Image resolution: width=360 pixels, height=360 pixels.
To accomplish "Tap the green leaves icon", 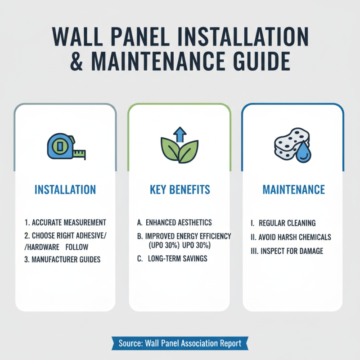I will click(180, 151).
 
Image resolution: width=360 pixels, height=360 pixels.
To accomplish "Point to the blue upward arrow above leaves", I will click(180, 134).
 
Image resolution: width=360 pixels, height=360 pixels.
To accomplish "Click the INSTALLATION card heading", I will click(65, 189).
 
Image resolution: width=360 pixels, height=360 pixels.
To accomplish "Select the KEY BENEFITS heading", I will click(180, 189).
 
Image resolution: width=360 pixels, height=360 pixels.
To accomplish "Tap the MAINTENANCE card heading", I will click(293, 189).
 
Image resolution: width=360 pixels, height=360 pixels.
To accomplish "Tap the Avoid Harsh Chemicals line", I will click(290, 237).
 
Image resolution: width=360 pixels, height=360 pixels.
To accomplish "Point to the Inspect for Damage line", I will click(287, 251).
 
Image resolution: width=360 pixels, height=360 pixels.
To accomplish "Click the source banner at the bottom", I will click(180, 343).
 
